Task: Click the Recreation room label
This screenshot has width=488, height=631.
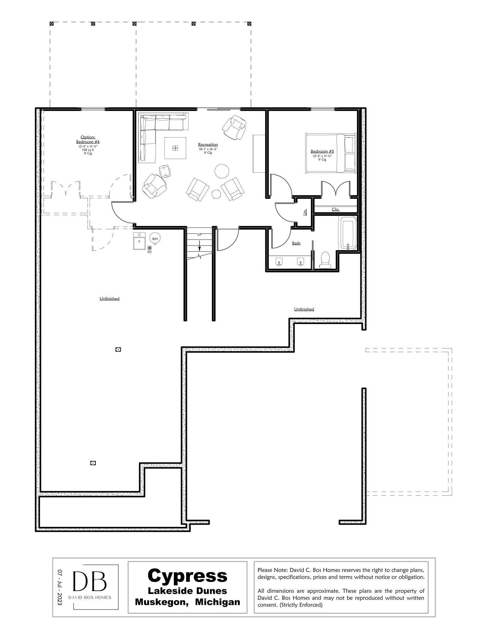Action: pos(208,145)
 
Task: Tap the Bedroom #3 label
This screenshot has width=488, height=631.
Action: pos(322,151)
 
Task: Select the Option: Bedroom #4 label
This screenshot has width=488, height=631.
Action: pos(88,139)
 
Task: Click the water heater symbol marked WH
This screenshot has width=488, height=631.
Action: pos(155,239)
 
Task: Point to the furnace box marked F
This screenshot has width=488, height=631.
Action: pos(139,241)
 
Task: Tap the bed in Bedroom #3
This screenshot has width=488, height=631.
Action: pos(330,153)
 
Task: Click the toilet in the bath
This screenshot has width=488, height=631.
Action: pos(324,260)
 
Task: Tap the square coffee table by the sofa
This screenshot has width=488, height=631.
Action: pos(175,148)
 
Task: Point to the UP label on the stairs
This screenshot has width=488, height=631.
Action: pos(199,234)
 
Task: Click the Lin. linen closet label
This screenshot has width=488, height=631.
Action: pos(305,212)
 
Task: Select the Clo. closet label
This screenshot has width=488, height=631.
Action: pos(335,209)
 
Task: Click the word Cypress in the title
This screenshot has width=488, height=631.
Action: pos(187,575)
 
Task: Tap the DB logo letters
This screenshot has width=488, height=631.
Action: pos(89,581)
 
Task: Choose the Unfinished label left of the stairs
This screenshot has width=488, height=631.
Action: pos(109,298)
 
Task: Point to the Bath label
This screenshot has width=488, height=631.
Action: pos(296,243)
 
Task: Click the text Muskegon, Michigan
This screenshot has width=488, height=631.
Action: pos(187,602)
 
